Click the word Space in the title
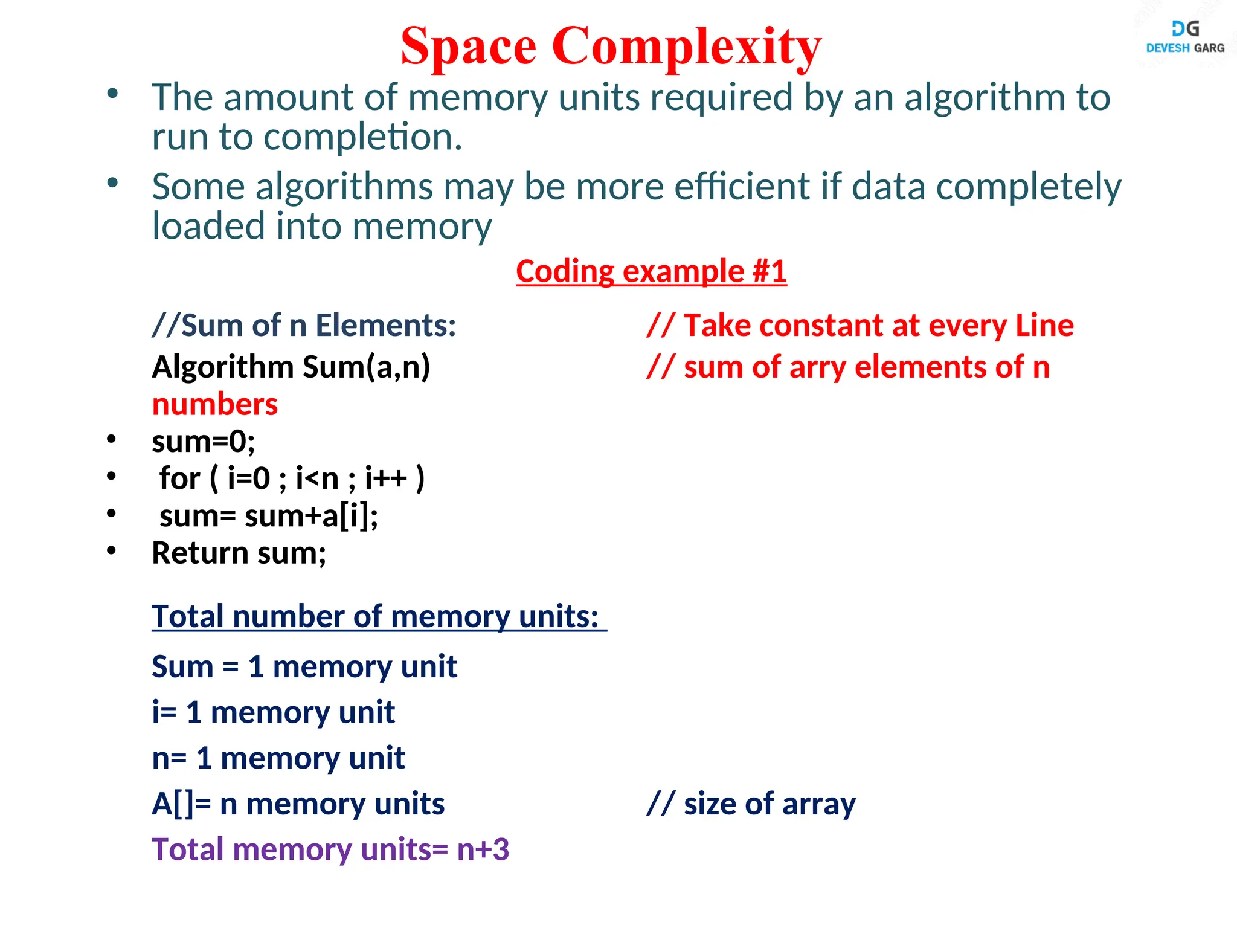[x=468, y=47]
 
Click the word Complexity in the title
[x=686, y=47]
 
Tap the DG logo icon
[x=1185, y=28]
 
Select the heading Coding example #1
[x=651, y=271]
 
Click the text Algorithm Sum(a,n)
[x=291, y=367]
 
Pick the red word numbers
[x=215, y=404]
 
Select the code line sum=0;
[x=204, y=442]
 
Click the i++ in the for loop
[x=386, y=478]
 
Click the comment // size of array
[x=751, y=804]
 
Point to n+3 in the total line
[x=483, y=849]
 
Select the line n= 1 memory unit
[x=278, y=758]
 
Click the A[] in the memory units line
[x=173, y=804]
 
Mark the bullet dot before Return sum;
[x=111, y=550]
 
